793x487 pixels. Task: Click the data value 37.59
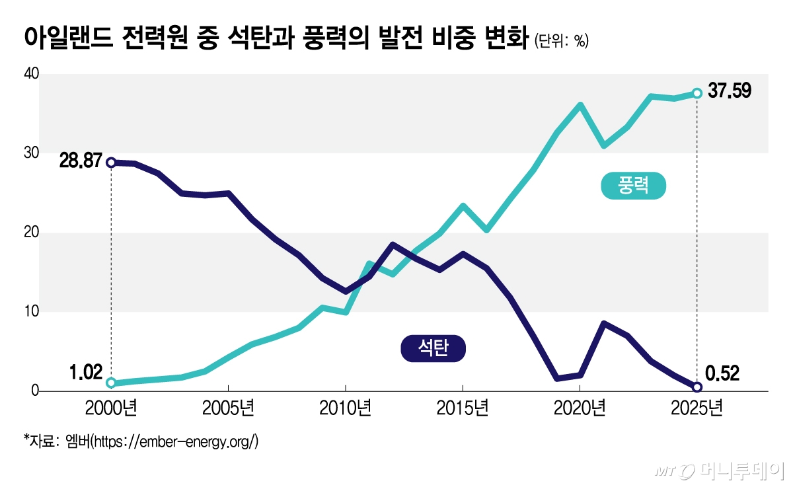tap(730, 91)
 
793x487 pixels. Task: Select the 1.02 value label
tap(86, 373)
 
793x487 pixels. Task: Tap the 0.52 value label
tap(722, 374)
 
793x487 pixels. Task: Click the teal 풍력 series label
tap(633, 186)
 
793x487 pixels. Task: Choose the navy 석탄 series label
tap(434, 348)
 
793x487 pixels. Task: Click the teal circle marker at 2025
tap(697, 93)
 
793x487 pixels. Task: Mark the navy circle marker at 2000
tap(111, 163)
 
